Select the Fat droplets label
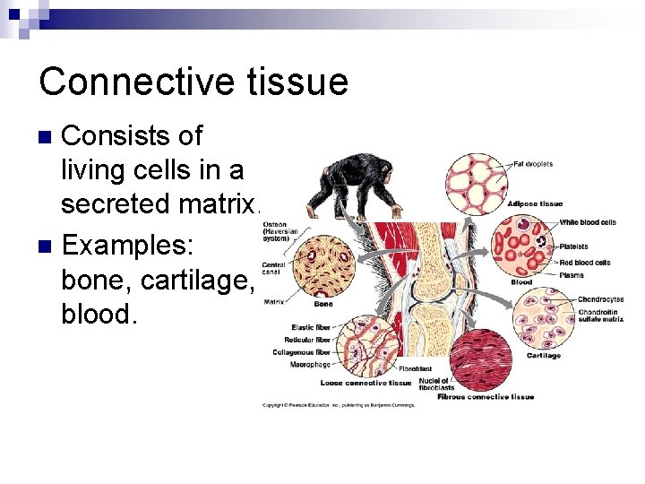533,164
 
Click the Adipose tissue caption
534,204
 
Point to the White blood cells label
587,222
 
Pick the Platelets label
573,246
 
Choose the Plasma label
572,275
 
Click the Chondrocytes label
600,299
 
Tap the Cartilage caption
543,356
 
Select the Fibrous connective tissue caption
486,396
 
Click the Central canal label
273,268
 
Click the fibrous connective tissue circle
479,359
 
